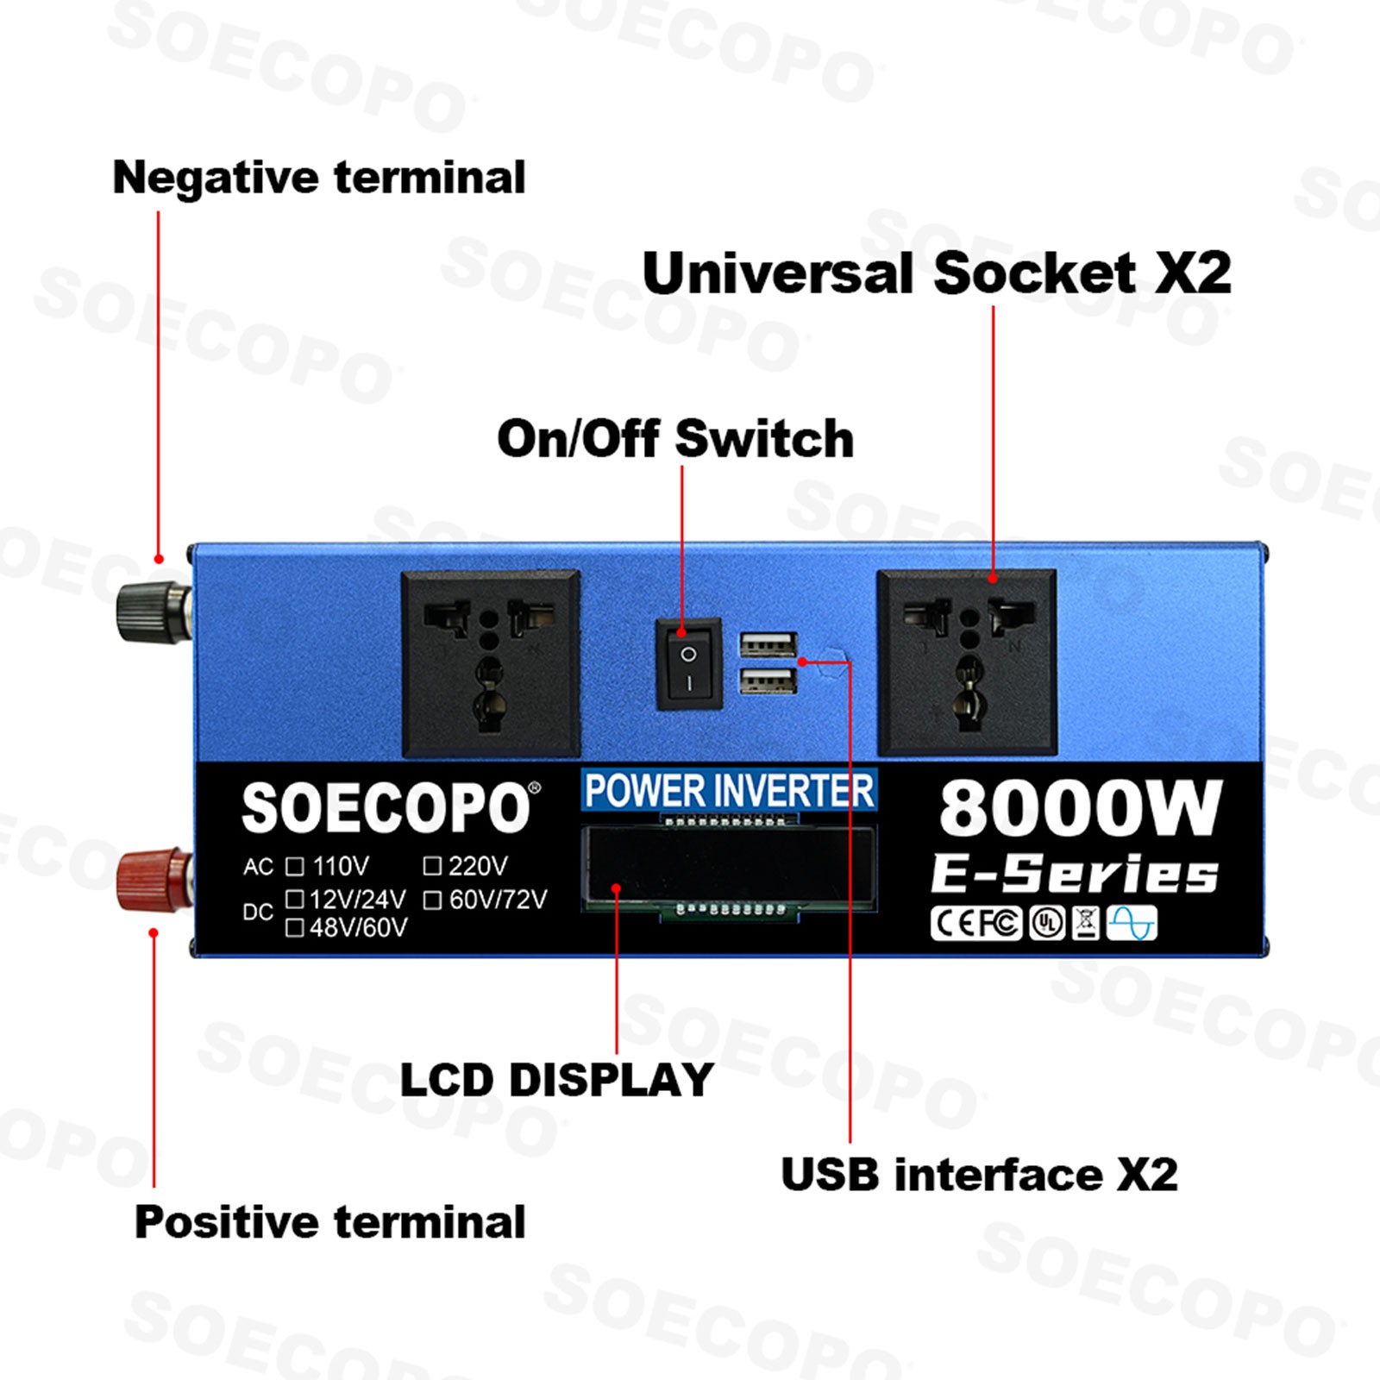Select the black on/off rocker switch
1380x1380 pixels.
pyautogui.click(x=689, y=663)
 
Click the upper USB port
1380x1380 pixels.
pyautogui.click(x=768, y=644)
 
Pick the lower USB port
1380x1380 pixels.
pyautogui.click(x=768, y=681)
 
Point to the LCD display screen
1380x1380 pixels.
pyautogui.click(x=729, y=868)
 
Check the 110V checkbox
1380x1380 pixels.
pyautogui.click(x=295, y=866)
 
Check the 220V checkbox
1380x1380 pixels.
pyautogui.click(x=433, y=866)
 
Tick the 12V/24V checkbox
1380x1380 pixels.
pyautogui.click(x=295, y=900)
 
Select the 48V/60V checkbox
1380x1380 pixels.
pyautogui.click(x=295, y=927)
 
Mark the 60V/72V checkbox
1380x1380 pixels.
pyautogui.click(x=433, y=900)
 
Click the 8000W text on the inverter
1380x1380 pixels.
pyautogui.click(x=1081, y=808)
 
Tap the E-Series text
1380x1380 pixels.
pyautogui.click(x=1075, y=874)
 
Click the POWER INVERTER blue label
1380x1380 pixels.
pyautogui.click(x=729, y=790)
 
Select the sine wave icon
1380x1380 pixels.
pyautogui.click(x=1132, y=923)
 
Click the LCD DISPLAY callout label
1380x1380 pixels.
pyautogui.click(x=557, y=1080)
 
